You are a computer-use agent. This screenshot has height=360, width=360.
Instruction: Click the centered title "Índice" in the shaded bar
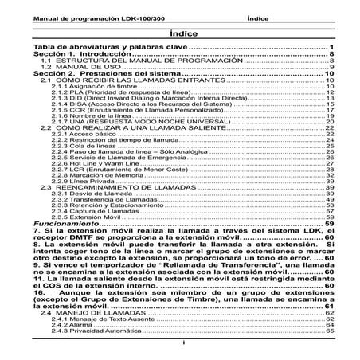pos(180,35)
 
